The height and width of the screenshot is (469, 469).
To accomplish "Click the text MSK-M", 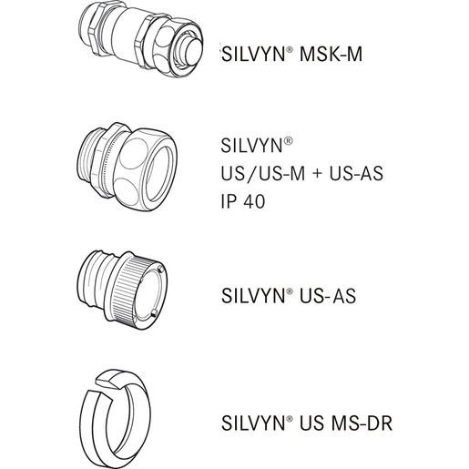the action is [x=331, y=55].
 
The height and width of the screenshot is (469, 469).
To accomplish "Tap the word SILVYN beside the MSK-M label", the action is [x=253, y=55].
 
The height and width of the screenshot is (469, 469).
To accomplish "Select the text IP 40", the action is [x=243, y=201].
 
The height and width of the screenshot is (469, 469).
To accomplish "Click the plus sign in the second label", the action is [x=317, y=174].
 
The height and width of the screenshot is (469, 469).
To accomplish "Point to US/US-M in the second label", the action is [x=263, y=174].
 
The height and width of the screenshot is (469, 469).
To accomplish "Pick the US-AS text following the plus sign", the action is [x=356, y=174].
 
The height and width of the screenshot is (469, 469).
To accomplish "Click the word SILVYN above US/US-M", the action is [x=252, y=146].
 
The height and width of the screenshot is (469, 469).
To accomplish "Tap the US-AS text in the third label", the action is [x=328, y=296].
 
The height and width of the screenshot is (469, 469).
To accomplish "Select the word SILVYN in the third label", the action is [x=253, y=296].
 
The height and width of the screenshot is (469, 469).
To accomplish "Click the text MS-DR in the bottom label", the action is [x=362, y=423].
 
